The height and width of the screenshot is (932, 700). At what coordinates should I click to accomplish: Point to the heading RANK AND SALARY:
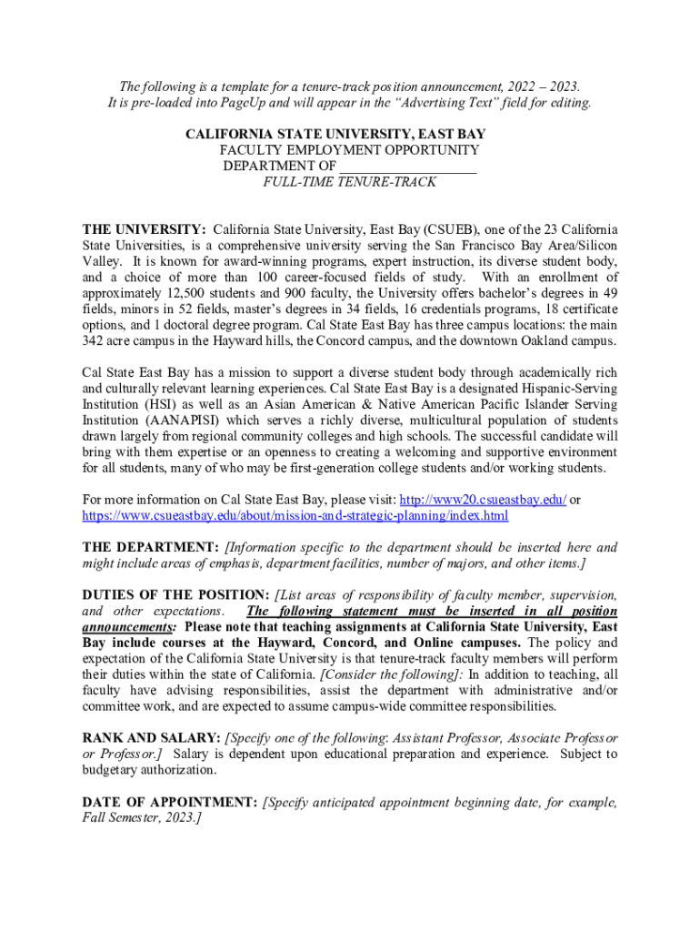(151, 737)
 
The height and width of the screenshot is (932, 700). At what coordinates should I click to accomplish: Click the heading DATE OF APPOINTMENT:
(169, 802)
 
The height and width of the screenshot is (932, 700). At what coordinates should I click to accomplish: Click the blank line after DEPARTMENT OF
(408, 166)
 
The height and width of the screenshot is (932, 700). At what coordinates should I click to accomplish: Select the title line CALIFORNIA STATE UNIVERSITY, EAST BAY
(350, 134)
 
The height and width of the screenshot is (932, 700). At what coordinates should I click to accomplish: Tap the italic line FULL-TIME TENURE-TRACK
(350, 182)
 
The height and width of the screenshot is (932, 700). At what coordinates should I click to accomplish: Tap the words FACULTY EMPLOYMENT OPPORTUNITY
(350, 150)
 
